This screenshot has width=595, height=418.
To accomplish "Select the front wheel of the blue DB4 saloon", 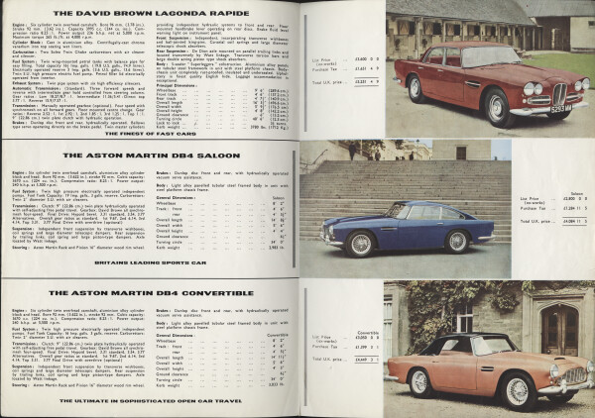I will [457, 241].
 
